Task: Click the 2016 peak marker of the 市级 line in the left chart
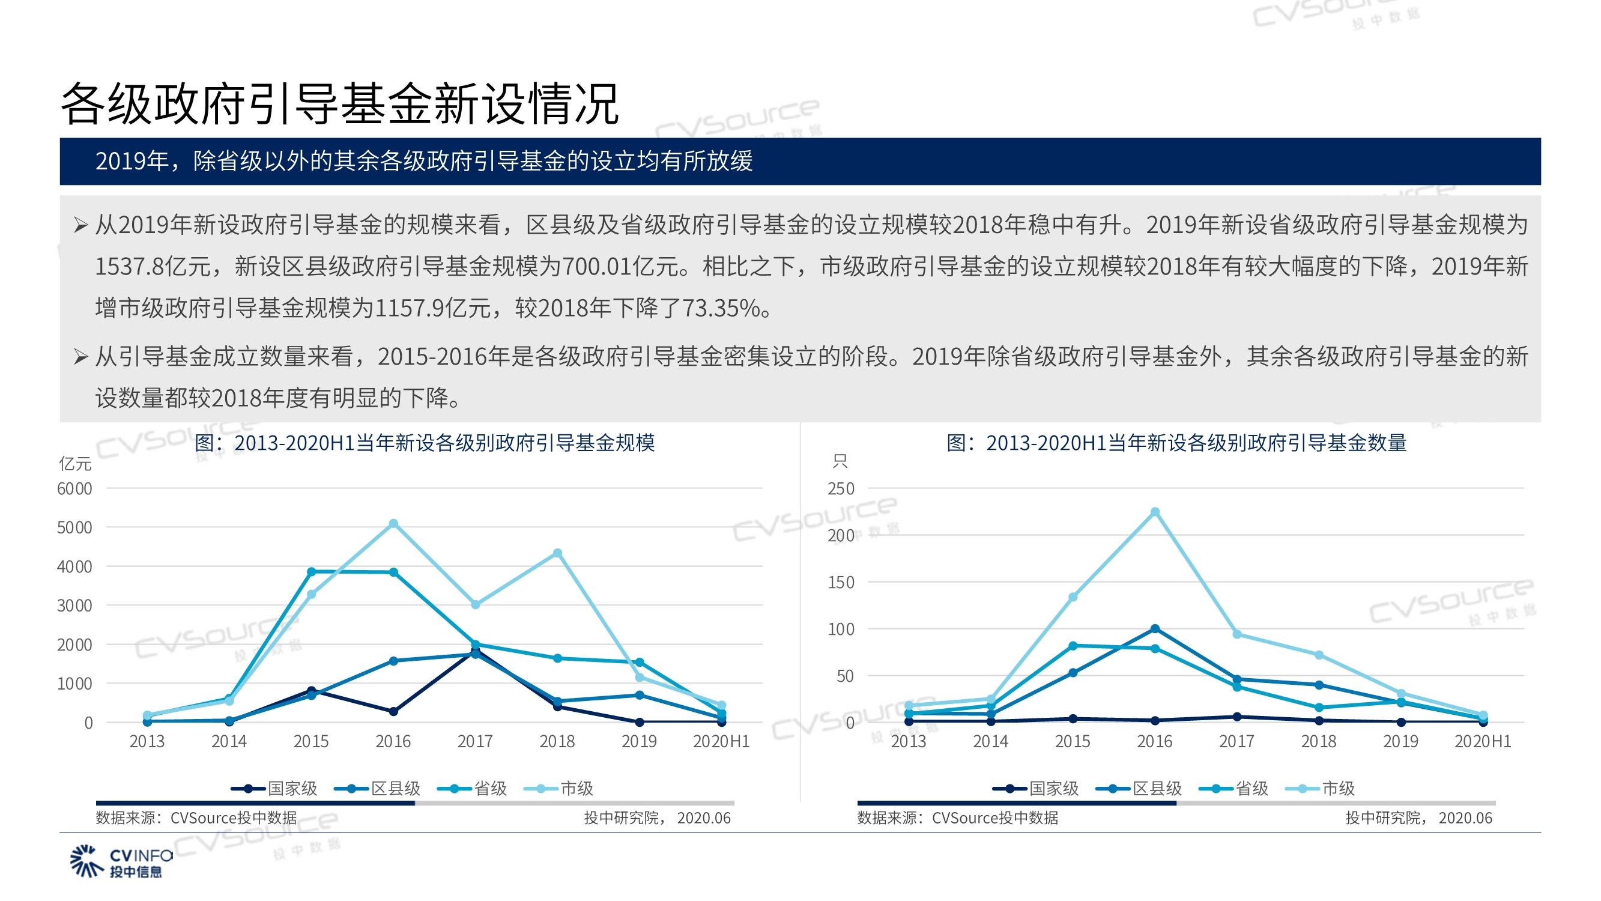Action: [x=393, y=524]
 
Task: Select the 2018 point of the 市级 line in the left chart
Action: [x=557, y=553]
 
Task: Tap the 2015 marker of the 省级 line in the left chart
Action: [x=312, y=571]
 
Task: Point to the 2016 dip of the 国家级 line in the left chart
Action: [x=393, y=711]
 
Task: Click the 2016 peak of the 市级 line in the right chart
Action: [x=1155, y=512]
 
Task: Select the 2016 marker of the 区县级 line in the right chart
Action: [x=1155, y=629]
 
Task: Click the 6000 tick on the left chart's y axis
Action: [x=74, y=489]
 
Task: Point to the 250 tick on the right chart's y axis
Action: [x=840, y=489]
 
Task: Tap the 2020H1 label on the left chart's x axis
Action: [x=721, y=741]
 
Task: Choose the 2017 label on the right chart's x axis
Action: [x=1236, y=741]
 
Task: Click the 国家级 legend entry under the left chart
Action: [x=274, y=789]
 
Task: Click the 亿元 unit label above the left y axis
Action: [x=75, y=463]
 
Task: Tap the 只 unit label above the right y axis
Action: [x=840, y=461]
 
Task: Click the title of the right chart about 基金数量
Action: [x=1176, y=443]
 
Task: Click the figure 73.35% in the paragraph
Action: [x=721, y=308]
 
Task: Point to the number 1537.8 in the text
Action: [x=129, y=266]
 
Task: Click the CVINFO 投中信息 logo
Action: [x=121, y=861]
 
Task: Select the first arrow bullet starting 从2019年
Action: [x=80, y=225]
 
